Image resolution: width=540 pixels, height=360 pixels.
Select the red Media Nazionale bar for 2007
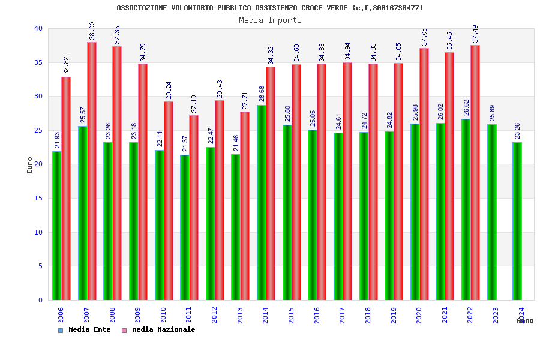[92, 171]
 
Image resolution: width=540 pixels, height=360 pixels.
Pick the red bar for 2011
[194, 208]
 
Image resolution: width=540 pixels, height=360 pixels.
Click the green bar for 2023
[492, 212]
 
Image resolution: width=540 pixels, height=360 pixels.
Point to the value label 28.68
[262, 95]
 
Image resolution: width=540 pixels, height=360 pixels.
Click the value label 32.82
[67, 66]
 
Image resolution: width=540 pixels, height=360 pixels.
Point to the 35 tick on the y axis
[38, 62]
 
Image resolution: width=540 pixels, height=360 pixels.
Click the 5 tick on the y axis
[40, 266]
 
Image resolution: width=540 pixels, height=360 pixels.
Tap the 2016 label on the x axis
[317, 316]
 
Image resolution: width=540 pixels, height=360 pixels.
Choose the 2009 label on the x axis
[138, 316]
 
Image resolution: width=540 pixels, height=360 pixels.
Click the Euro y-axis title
[30, 165]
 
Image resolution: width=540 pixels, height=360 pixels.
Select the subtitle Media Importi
[270, 20]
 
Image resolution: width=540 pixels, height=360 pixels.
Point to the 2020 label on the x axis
[419, 316]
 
